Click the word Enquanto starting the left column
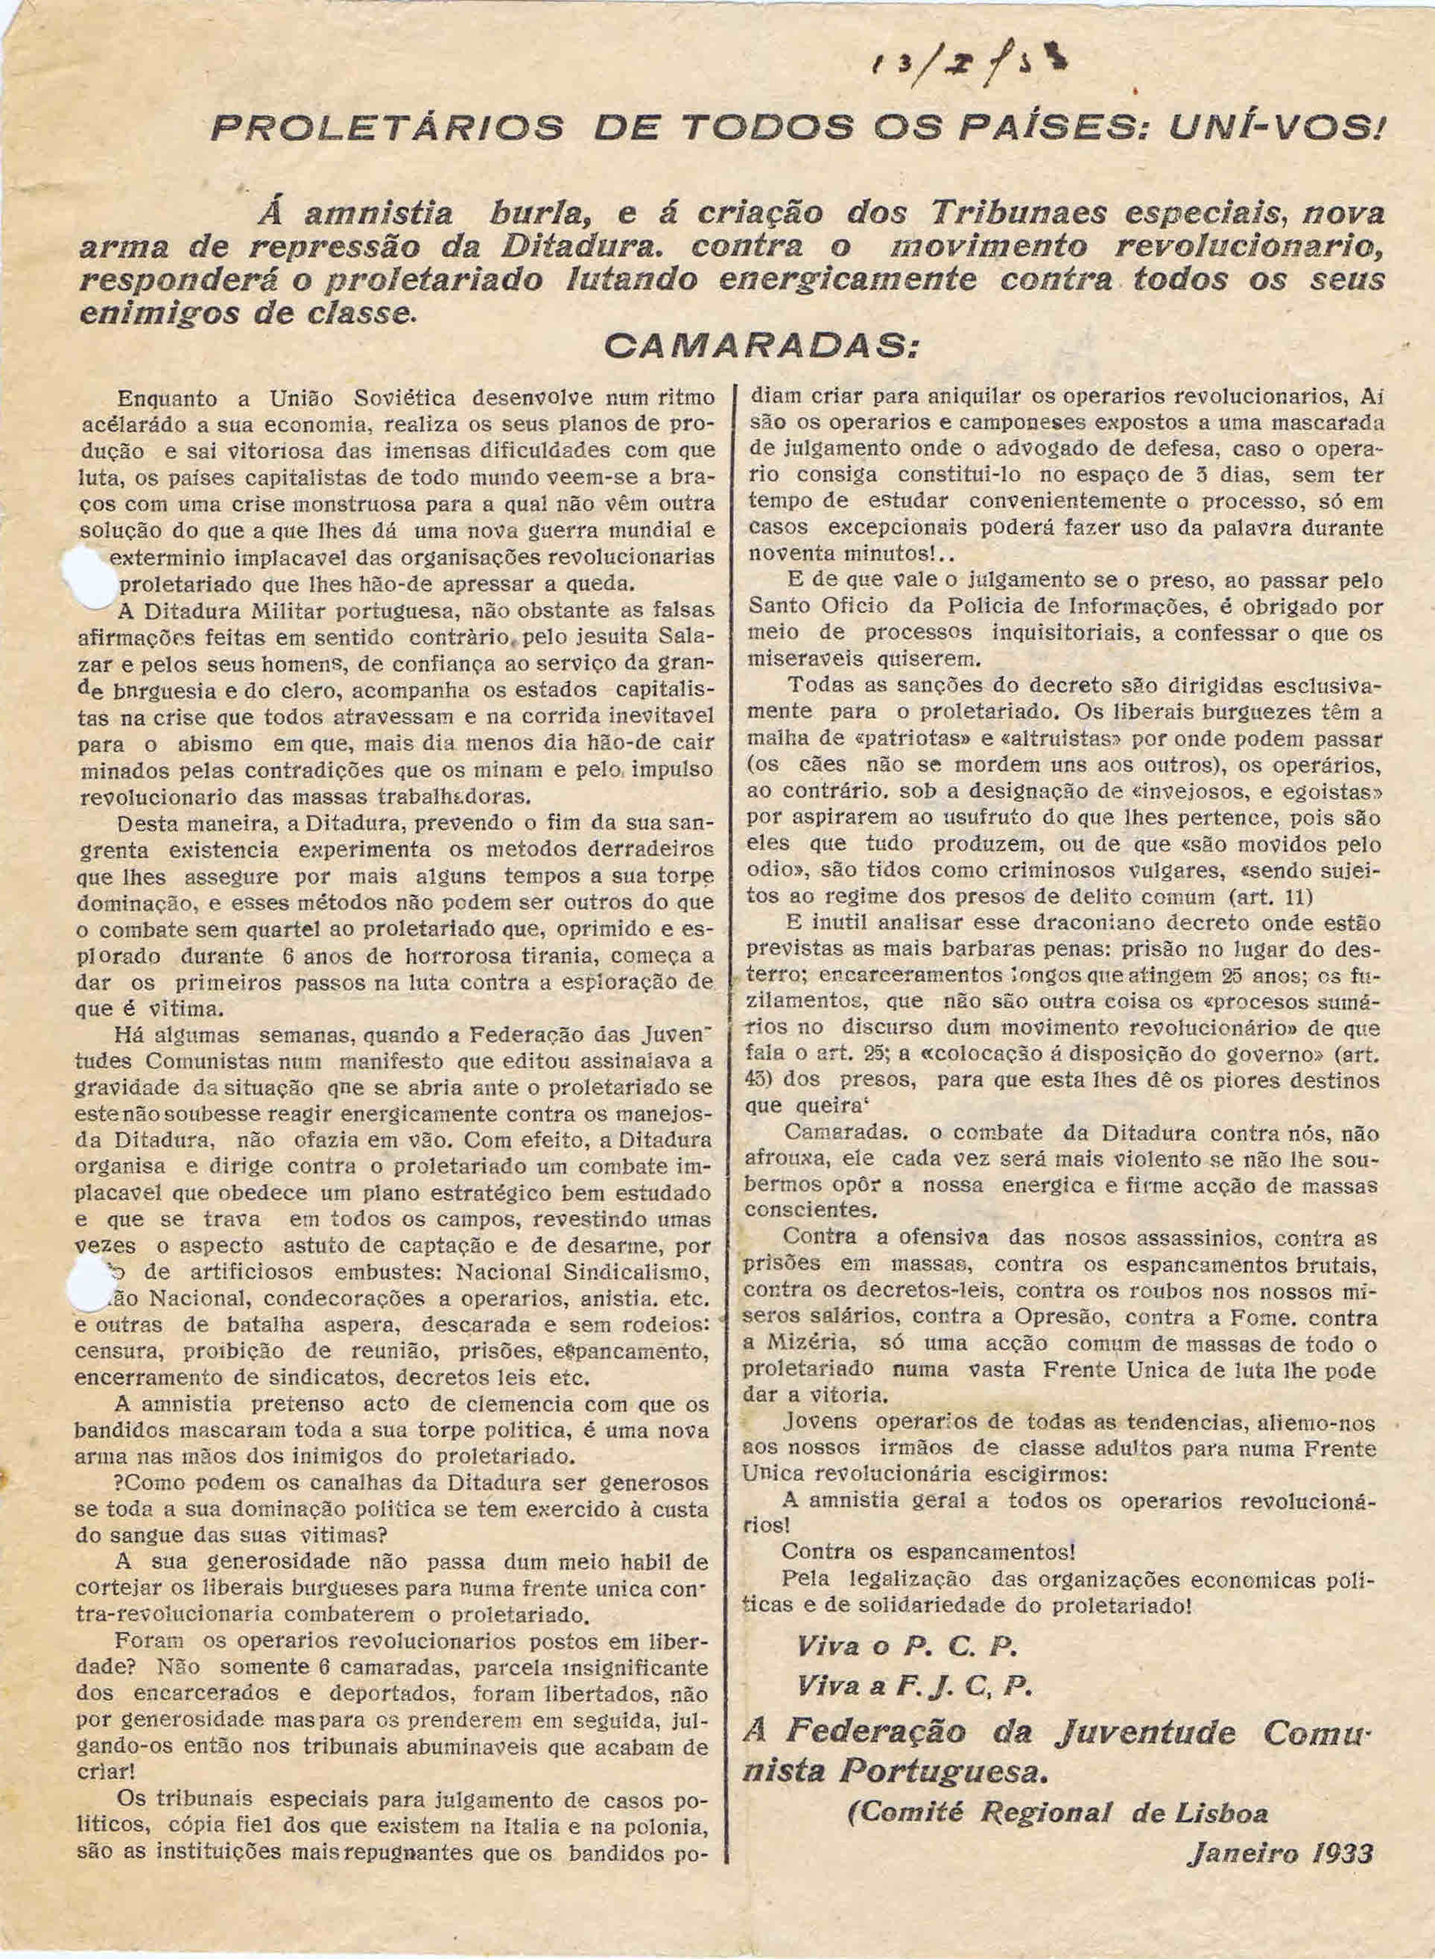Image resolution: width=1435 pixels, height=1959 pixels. point(168,399)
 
